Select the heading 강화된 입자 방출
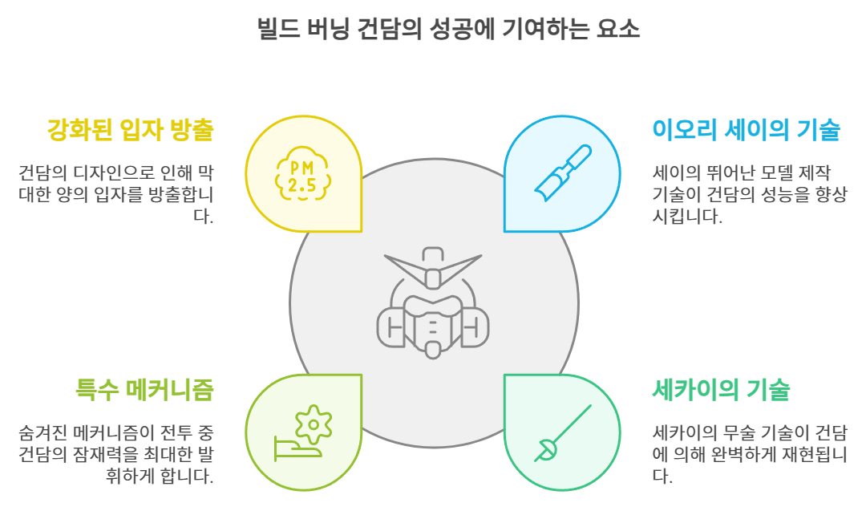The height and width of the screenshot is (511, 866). (x=132, y=130)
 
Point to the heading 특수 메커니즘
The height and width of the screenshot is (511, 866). (x=144, y=390)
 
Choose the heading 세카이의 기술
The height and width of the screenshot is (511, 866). (x=722, y=390)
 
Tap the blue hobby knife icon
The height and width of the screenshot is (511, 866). (x=562, y=173)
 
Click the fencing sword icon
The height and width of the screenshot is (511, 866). (x=562, y=432)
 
